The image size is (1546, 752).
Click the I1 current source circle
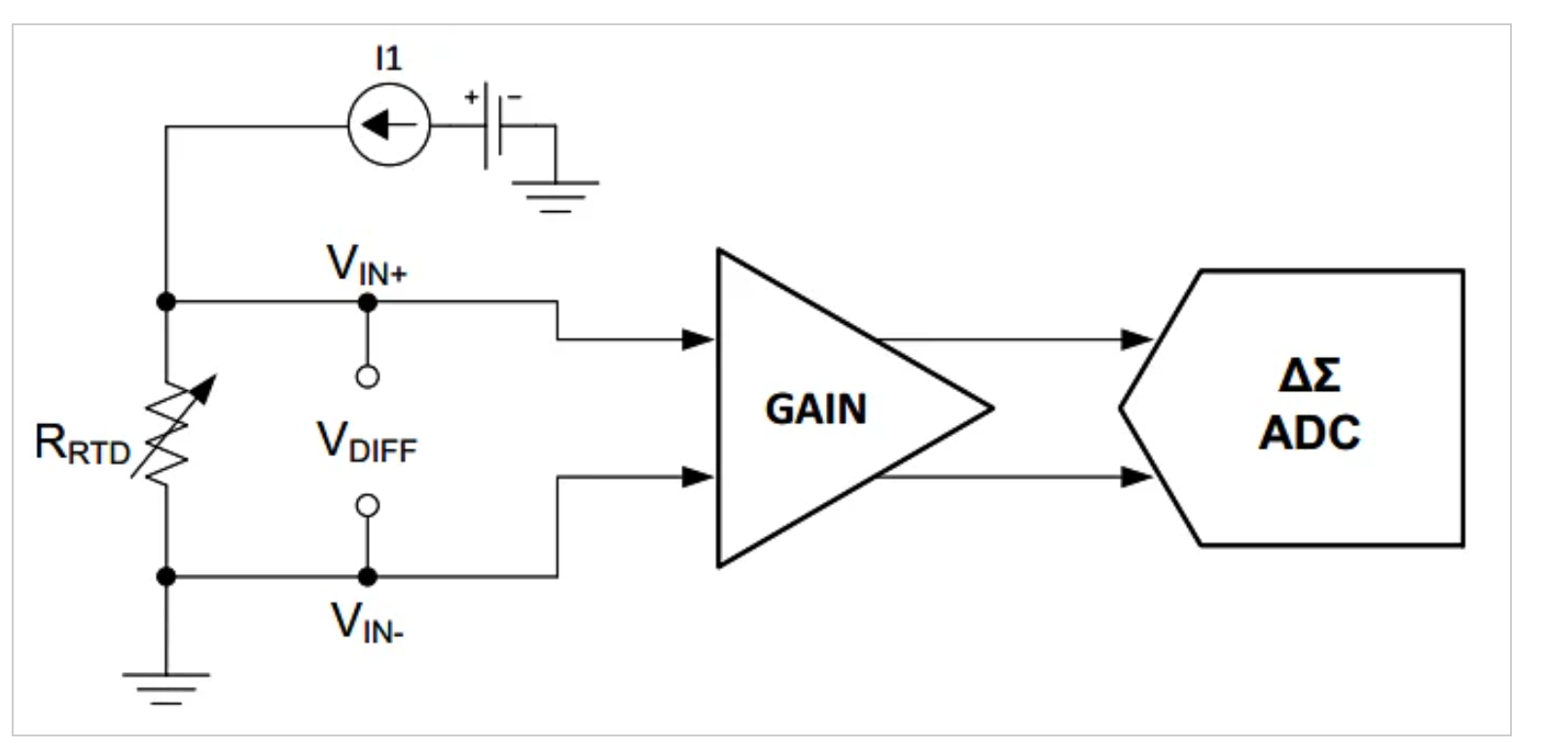coord(389,125)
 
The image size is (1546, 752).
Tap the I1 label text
coord(388,59)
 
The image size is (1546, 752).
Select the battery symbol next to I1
coord(492,125)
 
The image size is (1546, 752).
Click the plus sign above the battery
coord(471,96)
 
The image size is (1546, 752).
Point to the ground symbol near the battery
coord(556,194)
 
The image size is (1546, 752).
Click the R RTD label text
coord(82,445)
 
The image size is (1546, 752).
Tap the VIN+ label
coord(366,266)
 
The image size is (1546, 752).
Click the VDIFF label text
coord(367,443)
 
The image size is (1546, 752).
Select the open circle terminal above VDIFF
coord(367,377)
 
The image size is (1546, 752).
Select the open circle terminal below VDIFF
coord(367,506)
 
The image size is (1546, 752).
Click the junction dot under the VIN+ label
coord(367,303)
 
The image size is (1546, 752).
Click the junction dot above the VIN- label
coord(367,577)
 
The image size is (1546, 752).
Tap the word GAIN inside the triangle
coord(815,410)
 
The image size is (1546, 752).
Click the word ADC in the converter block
coord(1309,433)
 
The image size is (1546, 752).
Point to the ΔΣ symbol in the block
coord(1309,375)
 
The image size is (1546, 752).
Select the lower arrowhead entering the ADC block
coord(1136,477)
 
